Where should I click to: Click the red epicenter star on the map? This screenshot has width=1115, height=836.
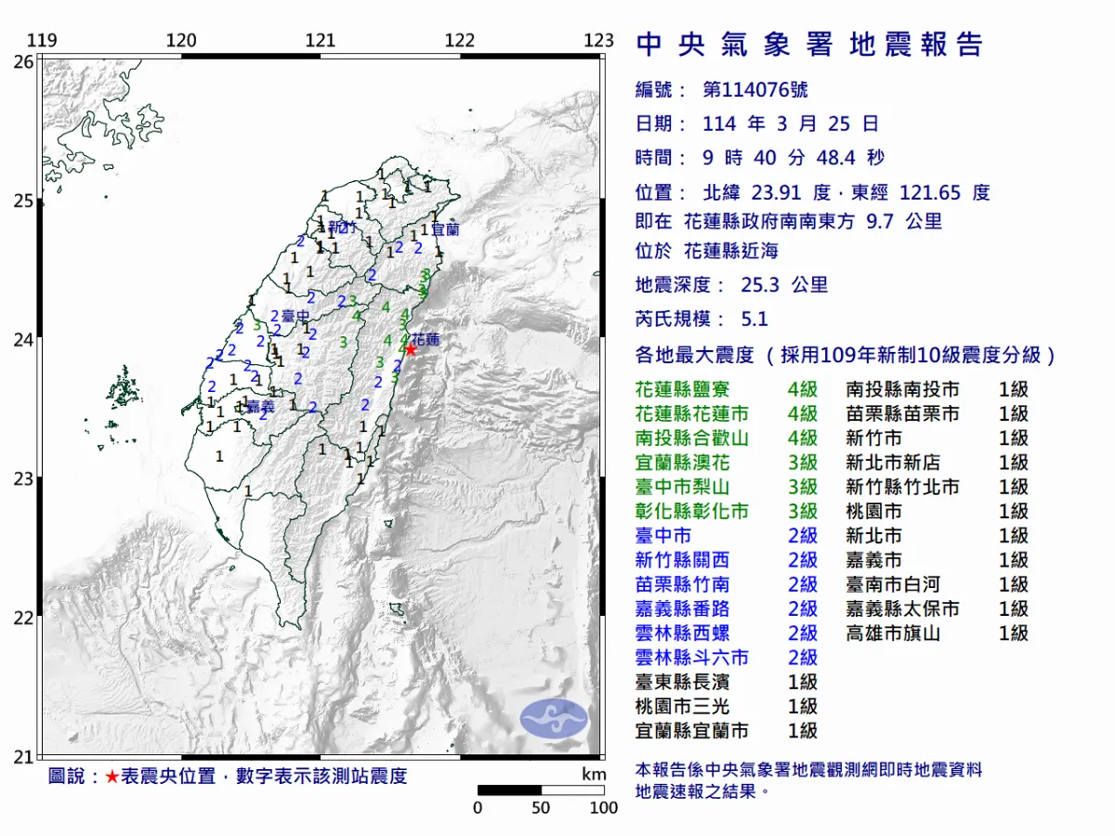coord(410,349)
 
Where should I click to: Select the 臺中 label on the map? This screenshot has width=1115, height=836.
coord(295,317)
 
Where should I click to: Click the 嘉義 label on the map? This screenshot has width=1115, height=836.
coord(261,406)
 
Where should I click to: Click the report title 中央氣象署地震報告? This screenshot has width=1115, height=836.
coord(809,45)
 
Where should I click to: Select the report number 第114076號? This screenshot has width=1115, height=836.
coord(754,90)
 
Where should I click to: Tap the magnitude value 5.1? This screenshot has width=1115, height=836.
coord(754,319)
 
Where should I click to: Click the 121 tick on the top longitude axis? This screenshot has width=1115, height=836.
coord(321,41)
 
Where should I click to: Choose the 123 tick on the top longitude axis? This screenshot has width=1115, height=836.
coord(599,41)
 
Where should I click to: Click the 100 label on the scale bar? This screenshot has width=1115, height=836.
coord(603,808)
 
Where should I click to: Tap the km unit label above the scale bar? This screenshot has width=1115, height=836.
coord(594,774)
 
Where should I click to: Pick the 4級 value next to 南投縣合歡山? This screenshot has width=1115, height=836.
coord(802,438)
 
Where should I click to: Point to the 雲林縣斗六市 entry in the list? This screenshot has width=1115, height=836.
coord(692,658)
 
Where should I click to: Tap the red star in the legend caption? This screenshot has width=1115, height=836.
coord(111,777)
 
